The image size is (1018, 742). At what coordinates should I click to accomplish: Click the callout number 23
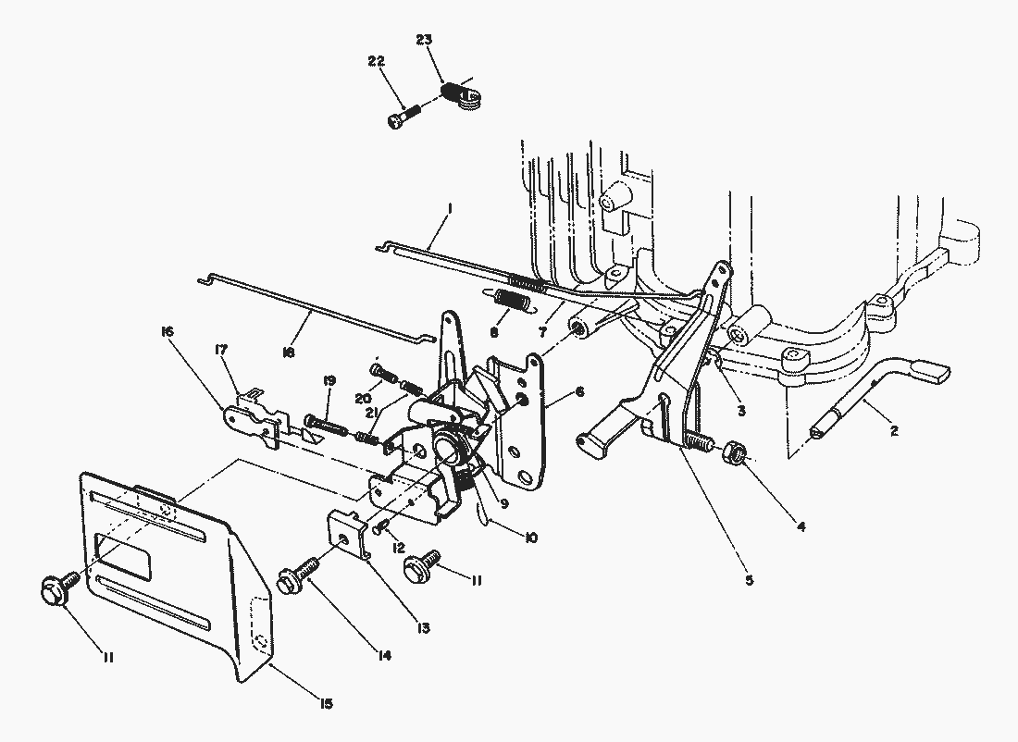(423, 40)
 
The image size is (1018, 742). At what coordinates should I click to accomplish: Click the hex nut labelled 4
(734, 451)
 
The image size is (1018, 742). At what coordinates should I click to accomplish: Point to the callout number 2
(894, 430)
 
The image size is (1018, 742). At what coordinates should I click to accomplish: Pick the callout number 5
(749, 580)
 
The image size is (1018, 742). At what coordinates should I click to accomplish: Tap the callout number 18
(288, 352)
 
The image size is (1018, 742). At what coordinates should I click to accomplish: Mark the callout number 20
(363, 398)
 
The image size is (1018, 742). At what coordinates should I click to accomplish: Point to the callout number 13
(423, 628)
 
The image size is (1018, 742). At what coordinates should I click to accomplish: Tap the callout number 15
(325, 703)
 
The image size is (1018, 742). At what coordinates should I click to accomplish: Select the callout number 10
(531, 538)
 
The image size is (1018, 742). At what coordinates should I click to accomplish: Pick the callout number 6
(579, 391)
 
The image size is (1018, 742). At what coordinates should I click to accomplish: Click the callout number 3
(740, 410)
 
